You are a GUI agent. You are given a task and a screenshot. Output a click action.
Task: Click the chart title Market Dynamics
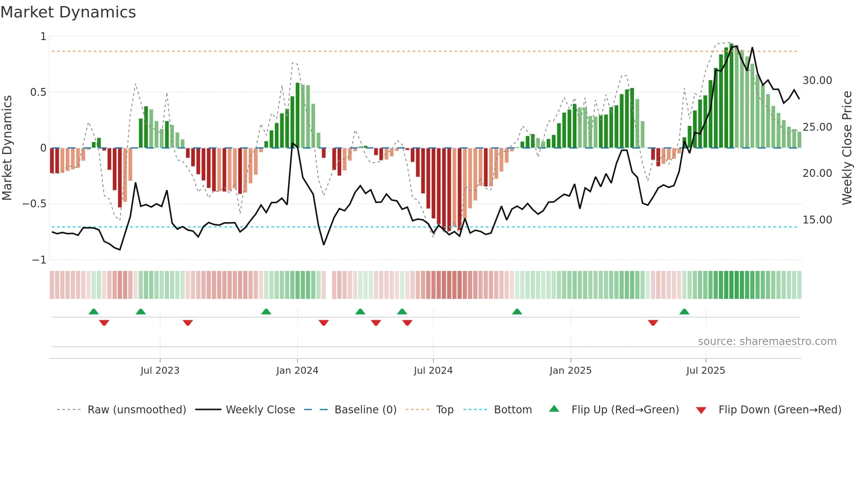pyautogui.click(x=68, y=12)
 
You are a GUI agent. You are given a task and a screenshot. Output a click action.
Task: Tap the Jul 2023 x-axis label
pyautogui.click(x=160, y=371)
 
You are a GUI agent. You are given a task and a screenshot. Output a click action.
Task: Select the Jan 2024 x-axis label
pyautogui.click(x=297, y=371)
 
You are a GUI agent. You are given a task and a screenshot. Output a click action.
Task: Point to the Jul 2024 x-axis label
pyautogui.click(x=433, y=371)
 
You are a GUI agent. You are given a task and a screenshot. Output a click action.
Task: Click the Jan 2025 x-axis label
pyautogui.click(x=570, y=371)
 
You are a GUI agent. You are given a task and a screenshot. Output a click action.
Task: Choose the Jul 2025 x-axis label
pyautogui.click(x=705, y=371)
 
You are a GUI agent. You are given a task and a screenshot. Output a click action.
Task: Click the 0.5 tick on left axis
pyautogui.click(x=38, y=92)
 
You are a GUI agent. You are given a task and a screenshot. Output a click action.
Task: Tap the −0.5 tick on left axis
pyautogui.click(x=34, y=204)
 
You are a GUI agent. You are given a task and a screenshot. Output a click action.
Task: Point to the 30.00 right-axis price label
pyautogui.click(x=817, y=81)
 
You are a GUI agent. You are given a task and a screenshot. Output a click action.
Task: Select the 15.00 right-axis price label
pyautogui.click(x=817, y=220)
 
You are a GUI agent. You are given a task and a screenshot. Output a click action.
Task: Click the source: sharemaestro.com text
pyautogui.click(x=767, y=341)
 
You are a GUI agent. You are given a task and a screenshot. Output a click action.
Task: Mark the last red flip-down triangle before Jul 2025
pyautogui.click(x=653, y=323)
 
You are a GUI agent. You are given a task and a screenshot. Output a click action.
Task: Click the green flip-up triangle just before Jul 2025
pyautogui.click(x=684, y=311)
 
